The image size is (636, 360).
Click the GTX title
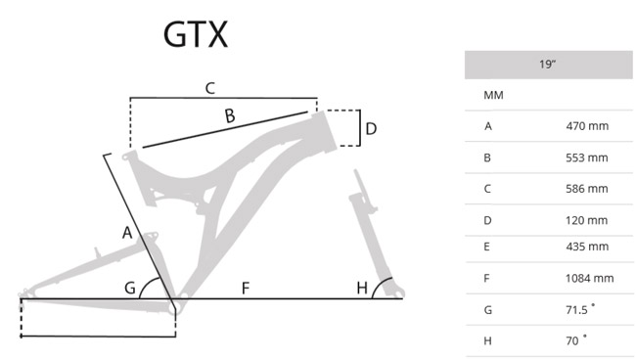click(x=196, y=34)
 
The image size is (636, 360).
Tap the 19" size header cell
click(x=548, y=65)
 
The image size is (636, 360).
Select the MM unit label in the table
click(x=493, y=95)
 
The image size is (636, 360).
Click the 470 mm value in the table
click(x=587, y=126)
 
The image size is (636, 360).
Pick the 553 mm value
click(x=587, y=157)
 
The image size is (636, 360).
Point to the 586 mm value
click(x=587, y=189)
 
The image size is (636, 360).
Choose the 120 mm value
click(x=587, y=220)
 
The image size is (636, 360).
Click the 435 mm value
click(x=587, y=247)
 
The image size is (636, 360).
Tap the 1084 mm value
click(x=590, y=279)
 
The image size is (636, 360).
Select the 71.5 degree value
click(x=580, y=309)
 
